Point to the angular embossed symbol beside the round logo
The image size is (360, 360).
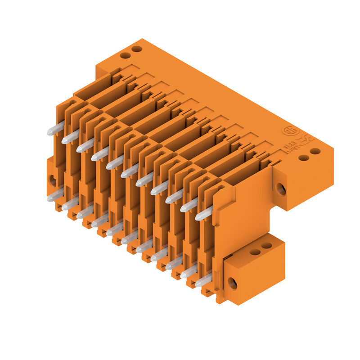pos(306,139)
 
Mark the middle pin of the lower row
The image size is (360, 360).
pos(130,238)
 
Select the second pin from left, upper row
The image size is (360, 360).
pos(70,137)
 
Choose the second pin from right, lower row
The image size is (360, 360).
pos(189,272)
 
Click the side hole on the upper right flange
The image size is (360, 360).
pos(281,189)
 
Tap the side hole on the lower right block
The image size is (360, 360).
pos(232,283)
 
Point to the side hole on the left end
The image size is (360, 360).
pos(53,180)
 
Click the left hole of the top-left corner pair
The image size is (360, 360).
pos(125,55)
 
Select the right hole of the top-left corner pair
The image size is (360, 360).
pos(137,49)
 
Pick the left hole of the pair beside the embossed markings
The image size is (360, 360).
pos(304,158)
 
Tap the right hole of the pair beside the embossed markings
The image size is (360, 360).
pos(315,151)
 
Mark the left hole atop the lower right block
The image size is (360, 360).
pos(255,252)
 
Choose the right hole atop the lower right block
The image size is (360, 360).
pos(267,246)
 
